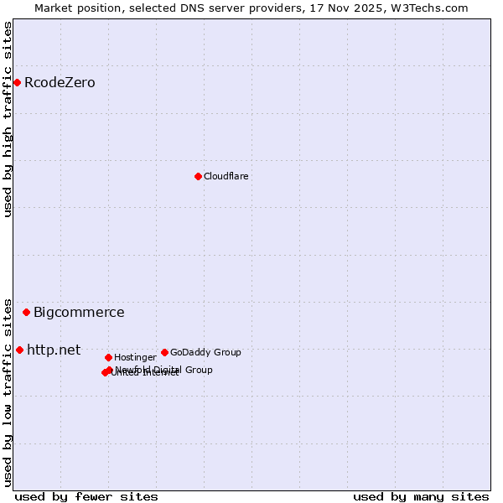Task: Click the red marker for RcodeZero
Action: (17, 82)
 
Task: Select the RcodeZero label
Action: (60, 82)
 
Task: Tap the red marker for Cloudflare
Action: (198, 176)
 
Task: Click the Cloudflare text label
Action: (226, 176)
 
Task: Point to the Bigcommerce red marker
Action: (26, 312)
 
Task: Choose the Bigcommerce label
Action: (79, 313)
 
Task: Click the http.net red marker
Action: (19, 350)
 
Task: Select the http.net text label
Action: (54, 350)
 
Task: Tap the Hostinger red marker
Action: (108, 357)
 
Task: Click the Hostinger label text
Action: (135, 357)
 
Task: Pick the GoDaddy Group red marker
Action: (164, 352)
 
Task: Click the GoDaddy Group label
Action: (205, 352)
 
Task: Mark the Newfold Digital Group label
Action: (164, 369)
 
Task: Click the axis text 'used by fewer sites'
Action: (86, 496)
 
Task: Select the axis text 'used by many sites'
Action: (421, 496)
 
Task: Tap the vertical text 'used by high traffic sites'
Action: (8, 119)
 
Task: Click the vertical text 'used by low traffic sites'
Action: (8, 392)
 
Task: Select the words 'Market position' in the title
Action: (73, 8)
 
